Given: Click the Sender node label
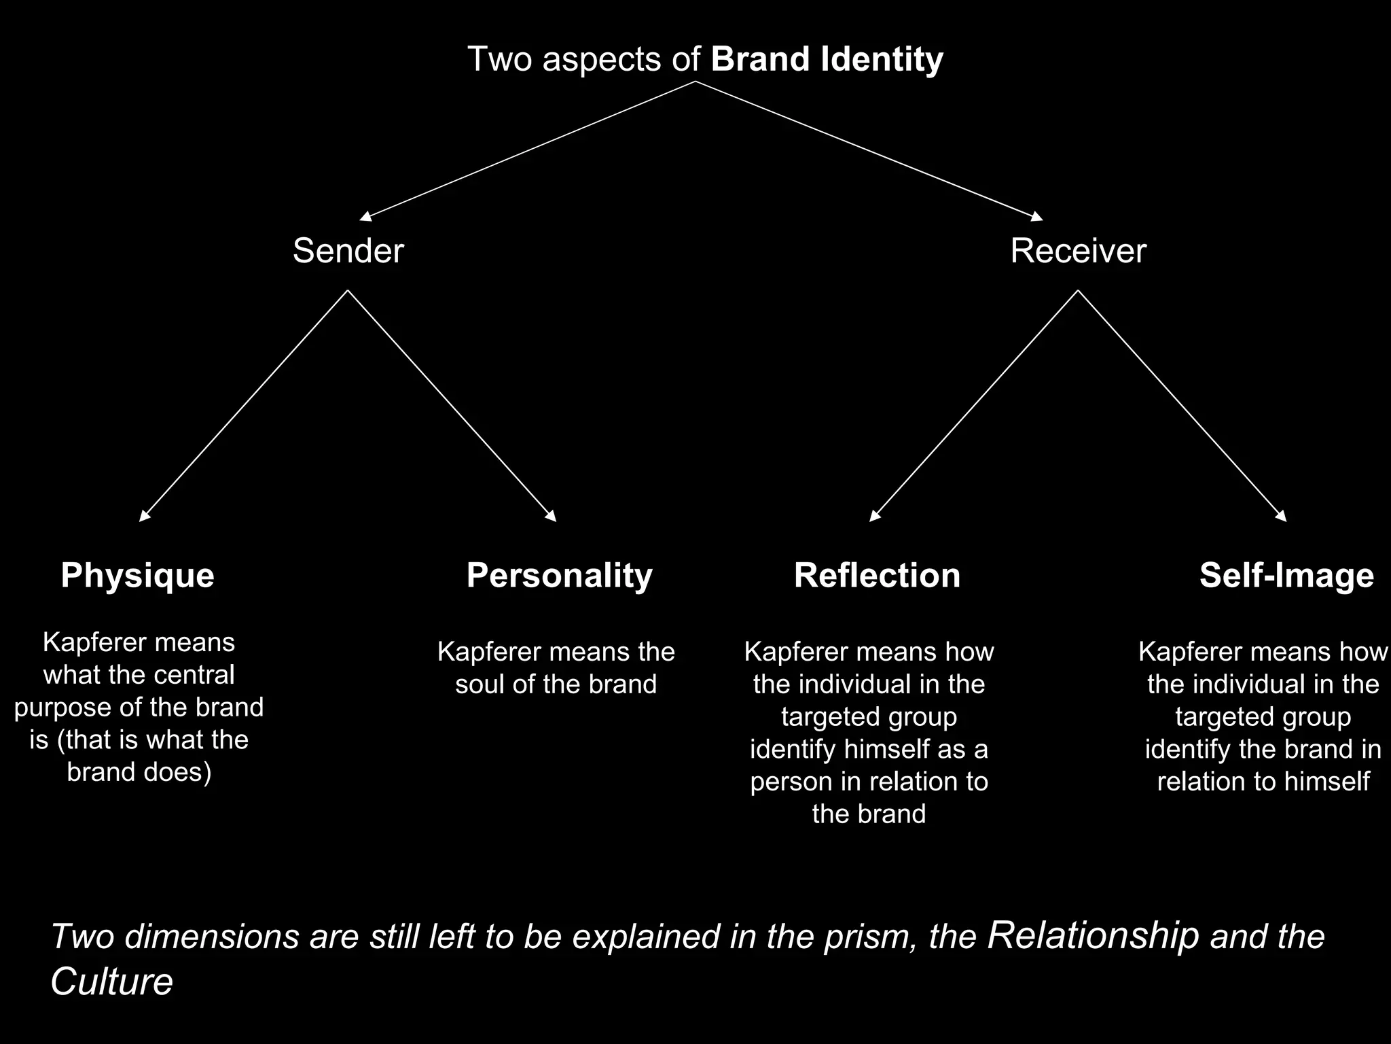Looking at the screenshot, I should point(348,251).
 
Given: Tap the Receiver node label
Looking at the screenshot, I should point(1078,251).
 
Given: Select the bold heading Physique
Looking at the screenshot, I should point(137,576).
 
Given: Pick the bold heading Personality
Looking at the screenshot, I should point(559,576).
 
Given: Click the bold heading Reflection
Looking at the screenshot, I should point(877,576).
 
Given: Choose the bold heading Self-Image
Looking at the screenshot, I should point(1286,576).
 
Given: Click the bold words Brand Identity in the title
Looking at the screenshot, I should point(827,59).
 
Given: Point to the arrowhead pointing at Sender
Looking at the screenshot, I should point(365,217).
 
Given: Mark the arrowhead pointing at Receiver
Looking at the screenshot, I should point(1037,217).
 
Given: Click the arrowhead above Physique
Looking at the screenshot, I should point(144,517).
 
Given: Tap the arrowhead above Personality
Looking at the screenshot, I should point(552,517).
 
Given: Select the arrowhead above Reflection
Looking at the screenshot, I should point(874,517).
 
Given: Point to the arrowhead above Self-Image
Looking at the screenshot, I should point(1282,517).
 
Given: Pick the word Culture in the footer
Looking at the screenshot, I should point(111,981).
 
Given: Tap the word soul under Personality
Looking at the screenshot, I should point(480,684).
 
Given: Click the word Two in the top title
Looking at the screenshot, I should point(500,59).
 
